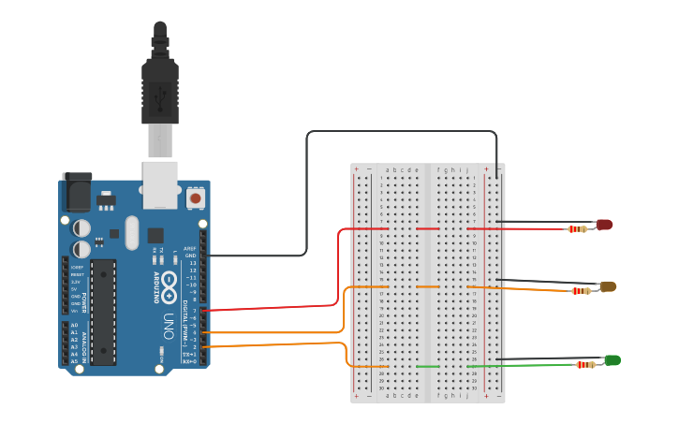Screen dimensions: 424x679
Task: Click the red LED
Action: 604,225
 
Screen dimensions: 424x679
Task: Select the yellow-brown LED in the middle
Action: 608,286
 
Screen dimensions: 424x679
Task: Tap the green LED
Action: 613,360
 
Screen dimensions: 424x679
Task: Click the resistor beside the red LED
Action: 581,228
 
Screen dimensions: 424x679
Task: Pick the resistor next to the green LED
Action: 585,365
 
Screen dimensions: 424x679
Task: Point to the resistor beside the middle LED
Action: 582,290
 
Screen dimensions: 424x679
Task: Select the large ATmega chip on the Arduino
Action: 103,312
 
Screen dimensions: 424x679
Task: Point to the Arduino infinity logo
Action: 170,285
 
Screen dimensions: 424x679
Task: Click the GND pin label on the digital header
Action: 190,256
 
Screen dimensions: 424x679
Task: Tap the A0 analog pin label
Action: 74,325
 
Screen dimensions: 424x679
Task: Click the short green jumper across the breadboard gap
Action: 427,366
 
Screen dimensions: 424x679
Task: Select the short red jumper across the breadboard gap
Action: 427,228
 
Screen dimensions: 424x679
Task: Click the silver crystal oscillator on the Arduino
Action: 131,231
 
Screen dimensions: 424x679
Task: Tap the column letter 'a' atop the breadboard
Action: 388,170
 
